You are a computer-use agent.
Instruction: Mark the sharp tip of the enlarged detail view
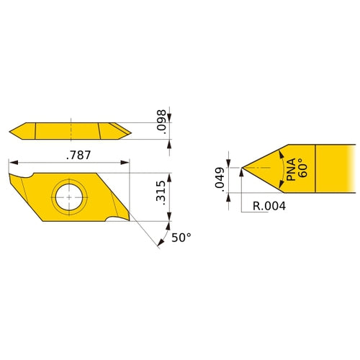243,169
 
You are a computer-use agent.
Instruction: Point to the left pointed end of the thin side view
11,131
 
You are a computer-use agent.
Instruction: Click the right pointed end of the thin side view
130,131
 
